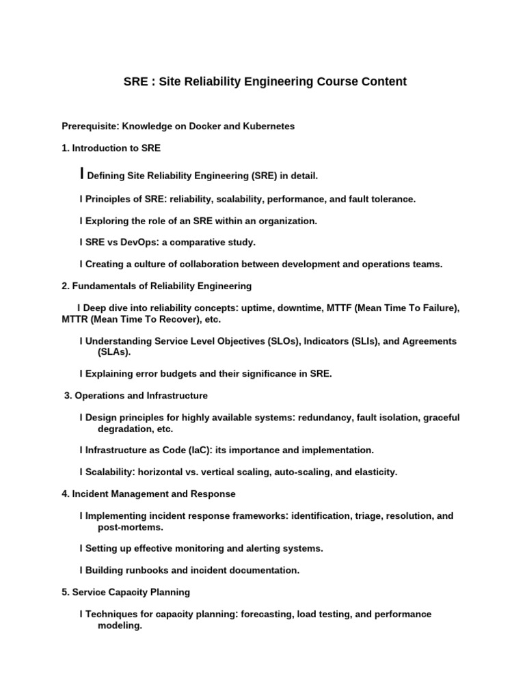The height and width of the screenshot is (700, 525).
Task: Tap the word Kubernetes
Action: click(x=269, y=126)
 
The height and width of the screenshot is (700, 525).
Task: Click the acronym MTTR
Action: click(x=75, y=319)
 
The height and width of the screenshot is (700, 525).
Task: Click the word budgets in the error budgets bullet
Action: click(x=175, y=374)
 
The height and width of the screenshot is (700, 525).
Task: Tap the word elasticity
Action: click(x=374, y=472)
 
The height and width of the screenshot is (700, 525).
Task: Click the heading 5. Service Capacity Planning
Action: click(x=126, y=592)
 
